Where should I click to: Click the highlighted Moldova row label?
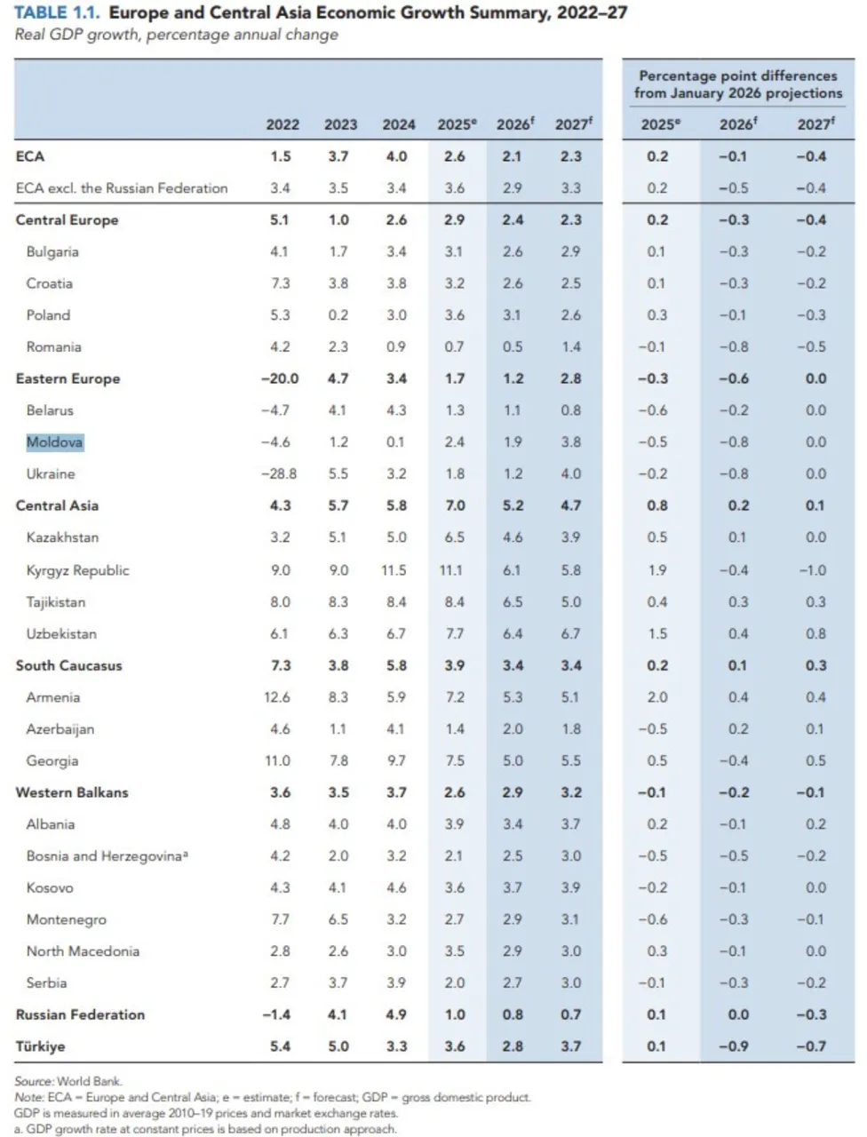pos(55,442)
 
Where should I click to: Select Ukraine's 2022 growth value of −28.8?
pos(279,474)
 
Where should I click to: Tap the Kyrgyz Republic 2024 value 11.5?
pos(394,570)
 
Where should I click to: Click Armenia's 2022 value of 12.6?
pos(277,698)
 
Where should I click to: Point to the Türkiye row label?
pos(41,1046)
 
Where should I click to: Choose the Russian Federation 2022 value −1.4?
pos(279,1014)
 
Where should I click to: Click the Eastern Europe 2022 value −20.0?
pos(280,378)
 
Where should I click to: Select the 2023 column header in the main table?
pos(340,125)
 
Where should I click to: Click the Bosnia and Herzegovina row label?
pos(107,856)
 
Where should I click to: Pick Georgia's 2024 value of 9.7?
pos(396,761)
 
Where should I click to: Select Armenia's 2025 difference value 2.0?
pos(657,698)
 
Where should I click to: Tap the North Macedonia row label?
pos(83,951)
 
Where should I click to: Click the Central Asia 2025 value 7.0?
pos(455,506)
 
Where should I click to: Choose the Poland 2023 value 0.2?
pos(338,315)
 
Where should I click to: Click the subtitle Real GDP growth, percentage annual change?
pos(176,36)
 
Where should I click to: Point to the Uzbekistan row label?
pos(61,634)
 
